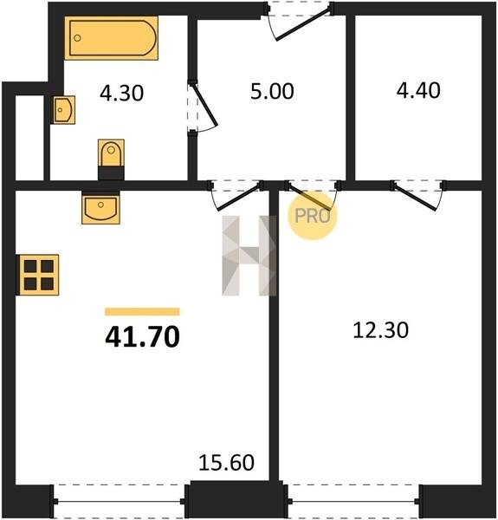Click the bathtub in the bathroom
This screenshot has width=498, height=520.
pos(111,38)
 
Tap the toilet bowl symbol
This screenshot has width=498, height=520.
pos(112,153)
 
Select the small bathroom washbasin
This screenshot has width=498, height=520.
pos(63,110)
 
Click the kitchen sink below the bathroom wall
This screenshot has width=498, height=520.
pos(100,209)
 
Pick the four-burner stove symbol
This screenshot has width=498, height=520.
pos(39,275)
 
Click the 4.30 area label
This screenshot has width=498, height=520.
pos(122,93)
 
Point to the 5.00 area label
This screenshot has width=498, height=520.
pos(272,91)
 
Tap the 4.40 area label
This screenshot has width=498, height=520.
pos(418,90)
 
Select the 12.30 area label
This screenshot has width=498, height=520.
pos(381,330)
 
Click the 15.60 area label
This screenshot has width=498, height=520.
pos(227,462)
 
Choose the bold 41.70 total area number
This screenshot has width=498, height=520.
pos(143,336)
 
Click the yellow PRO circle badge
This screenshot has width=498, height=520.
pos(312,216)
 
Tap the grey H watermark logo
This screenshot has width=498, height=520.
pos(249,256)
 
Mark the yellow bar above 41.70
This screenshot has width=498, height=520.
pos(143,312)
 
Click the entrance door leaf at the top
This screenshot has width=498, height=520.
pos(304,25)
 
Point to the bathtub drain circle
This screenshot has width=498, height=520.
pos(77,38)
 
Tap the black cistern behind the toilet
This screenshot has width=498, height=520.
pos(112,173)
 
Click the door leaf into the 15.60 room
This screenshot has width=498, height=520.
pos(238,197)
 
